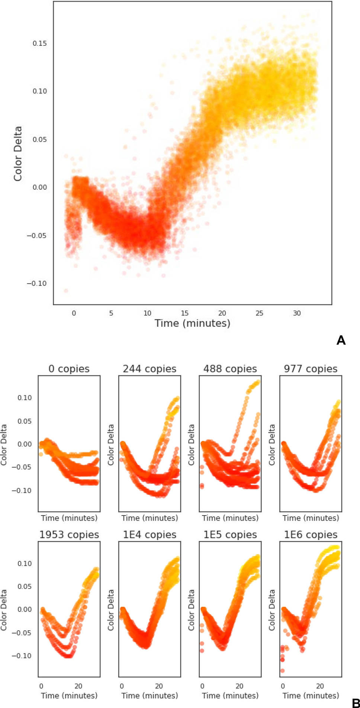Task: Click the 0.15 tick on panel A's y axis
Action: [x=40, y=44]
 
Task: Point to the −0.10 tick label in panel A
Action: [x=37, y=283]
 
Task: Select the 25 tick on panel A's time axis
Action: [x=259, y=313]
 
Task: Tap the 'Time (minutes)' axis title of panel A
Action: [x=192, y=323]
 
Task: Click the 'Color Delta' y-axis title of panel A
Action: [x=18, y=154]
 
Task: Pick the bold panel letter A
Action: [x=341, y=340]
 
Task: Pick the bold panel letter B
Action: [x=356, y=703]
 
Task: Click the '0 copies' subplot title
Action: [x=69, y=369]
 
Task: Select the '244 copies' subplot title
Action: [x=150, y=369]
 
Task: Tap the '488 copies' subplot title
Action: [x=230, y=369]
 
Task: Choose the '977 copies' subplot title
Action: [x=311, y=369]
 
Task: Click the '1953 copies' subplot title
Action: [x=69, y=535]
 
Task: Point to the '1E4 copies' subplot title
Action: [x=150, y=535]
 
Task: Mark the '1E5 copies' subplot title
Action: [x=230, y=535]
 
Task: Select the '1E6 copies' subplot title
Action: [x=311, y=535]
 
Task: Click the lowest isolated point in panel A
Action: [x=66, y=290]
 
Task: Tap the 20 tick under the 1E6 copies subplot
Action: [x=320, y=686]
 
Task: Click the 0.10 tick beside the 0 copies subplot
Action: [x=25, y=398]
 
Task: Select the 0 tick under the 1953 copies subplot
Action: [x=41, y=686]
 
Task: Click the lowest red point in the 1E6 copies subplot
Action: [x=282, y=671]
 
